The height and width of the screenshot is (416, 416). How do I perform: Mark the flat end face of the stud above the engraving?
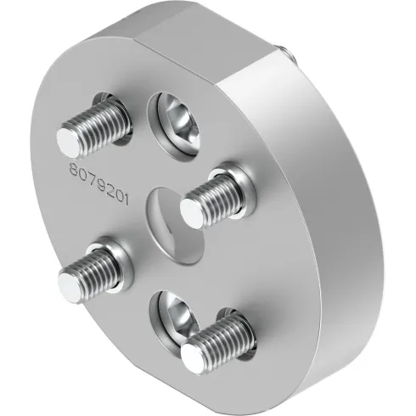[69, 138]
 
